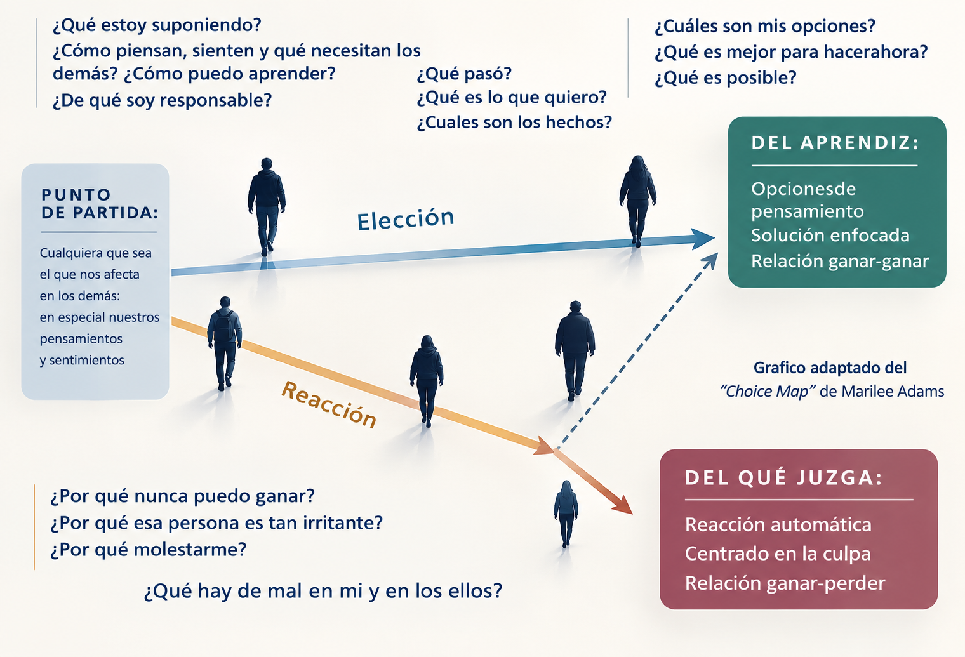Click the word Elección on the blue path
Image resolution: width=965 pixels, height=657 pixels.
[406, 219]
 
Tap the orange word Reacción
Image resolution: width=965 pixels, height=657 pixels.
[329, 404]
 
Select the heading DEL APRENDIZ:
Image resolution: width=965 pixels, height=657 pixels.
[835, 143]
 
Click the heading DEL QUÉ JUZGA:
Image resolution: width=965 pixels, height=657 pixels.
[783, 478]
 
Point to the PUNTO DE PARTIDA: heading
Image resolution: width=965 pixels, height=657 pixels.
[100, 204]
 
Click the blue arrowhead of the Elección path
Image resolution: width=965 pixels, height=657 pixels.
[702, 238]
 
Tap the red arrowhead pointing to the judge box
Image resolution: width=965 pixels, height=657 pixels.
[623, 504]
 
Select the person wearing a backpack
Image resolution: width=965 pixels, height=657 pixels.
[225, 343]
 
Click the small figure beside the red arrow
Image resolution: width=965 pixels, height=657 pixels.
[566, 514]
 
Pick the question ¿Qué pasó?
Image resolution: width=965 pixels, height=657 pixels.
[464, 74]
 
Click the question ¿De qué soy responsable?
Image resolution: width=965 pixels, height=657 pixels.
[163, 100]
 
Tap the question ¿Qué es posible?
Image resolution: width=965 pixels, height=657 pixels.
[726, 78]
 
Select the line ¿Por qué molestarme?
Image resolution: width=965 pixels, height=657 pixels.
[149, 550]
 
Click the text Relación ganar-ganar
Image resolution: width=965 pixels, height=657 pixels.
[840, 261]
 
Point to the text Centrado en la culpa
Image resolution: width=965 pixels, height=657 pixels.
[778, 554]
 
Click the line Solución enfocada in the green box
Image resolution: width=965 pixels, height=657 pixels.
[830, 236]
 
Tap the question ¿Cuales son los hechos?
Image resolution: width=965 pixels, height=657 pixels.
[514, 123]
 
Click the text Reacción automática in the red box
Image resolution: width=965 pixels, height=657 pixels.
[778, 525]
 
